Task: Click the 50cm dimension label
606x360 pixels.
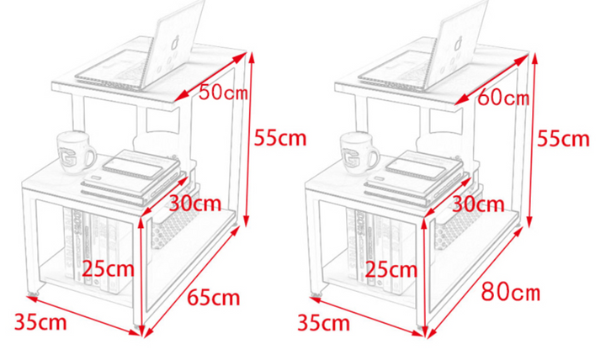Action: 223,93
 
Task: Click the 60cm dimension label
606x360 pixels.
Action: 503,98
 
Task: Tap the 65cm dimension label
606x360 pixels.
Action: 214,298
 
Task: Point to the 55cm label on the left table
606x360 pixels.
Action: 280,138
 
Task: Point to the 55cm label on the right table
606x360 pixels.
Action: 563,139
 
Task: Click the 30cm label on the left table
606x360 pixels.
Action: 195,204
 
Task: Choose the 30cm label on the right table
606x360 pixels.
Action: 478,204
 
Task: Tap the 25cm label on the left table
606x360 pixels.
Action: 109,268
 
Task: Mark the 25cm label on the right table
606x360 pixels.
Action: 391,269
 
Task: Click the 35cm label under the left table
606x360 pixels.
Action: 40,322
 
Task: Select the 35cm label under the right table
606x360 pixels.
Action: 324,323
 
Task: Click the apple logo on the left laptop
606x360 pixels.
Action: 176,42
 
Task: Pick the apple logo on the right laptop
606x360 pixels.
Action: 460,43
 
